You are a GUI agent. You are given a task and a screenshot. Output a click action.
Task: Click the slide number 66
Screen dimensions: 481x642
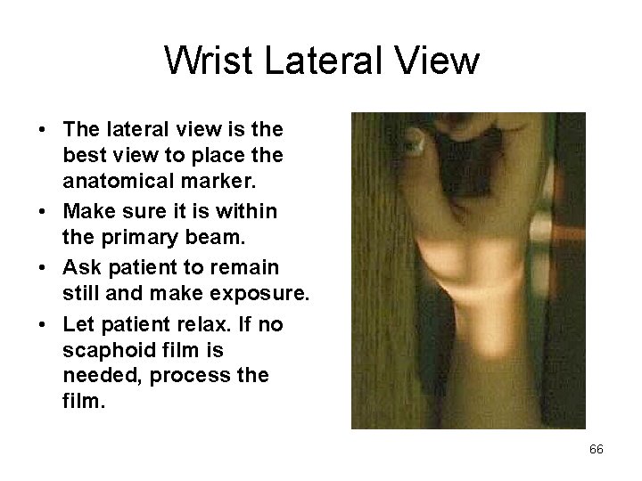point(597,450)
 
